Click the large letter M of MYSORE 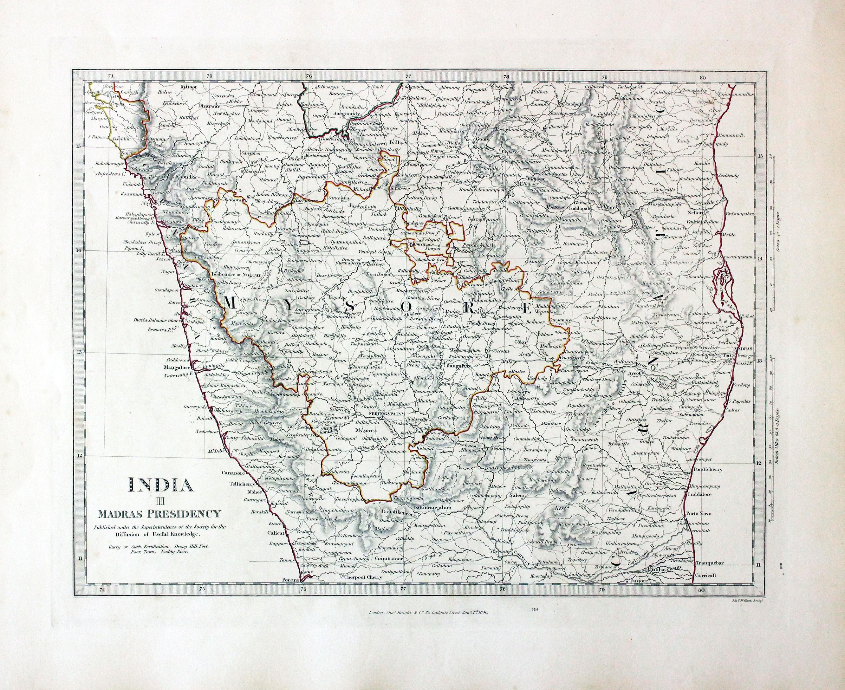coord(232,304)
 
